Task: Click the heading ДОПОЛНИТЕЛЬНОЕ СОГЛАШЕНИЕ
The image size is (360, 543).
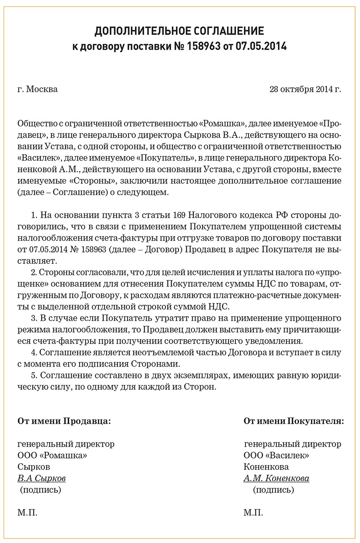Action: pyautogui.click(x=179, y=31)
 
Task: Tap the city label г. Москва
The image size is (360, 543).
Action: pyautogui.click(x=37, y=90)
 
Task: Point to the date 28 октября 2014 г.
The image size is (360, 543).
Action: pyautogui.click(x=305, y=90)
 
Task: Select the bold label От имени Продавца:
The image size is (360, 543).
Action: pyautogui.click(x=64, y=421)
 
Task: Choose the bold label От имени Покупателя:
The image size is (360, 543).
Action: pyautogui.click(x=293, y=421)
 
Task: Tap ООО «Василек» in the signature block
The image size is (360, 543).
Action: pyautogui.click(x=276, y=455)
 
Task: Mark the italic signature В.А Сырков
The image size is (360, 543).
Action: pyautogui.click(x=42, y=479)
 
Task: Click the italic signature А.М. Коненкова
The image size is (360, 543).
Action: pyautogui.click(x=276, y=479)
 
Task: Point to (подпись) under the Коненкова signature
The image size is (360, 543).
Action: pyautogui.click(x=273, y=490)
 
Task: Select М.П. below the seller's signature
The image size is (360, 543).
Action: pyautogui.click(x=27, y=513)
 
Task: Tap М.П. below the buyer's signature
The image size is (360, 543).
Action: pyautogui.click(x=253, y=513)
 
